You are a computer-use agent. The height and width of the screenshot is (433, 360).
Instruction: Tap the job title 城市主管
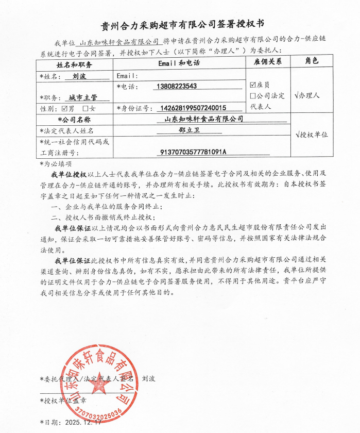82,97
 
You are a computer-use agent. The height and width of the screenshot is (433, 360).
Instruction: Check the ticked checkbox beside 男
64,109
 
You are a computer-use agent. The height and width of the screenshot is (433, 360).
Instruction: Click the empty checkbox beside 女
85,109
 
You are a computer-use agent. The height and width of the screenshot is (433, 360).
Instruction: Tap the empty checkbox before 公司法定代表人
252,96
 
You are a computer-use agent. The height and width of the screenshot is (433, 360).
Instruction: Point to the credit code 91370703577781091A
194,152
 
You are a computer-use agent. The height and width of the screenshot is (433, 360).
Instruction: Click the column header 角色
312,61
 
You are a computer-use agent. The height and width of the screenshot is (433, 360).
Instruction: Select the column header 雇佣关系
268,62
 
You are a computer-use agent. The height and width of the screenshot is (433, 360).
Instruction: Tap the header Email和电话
178,63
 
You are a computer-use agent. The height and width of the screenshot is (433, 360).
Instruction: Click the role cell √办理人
307,95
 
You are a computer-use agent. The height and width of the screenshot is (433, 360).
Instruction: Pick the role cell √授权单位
311,135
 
